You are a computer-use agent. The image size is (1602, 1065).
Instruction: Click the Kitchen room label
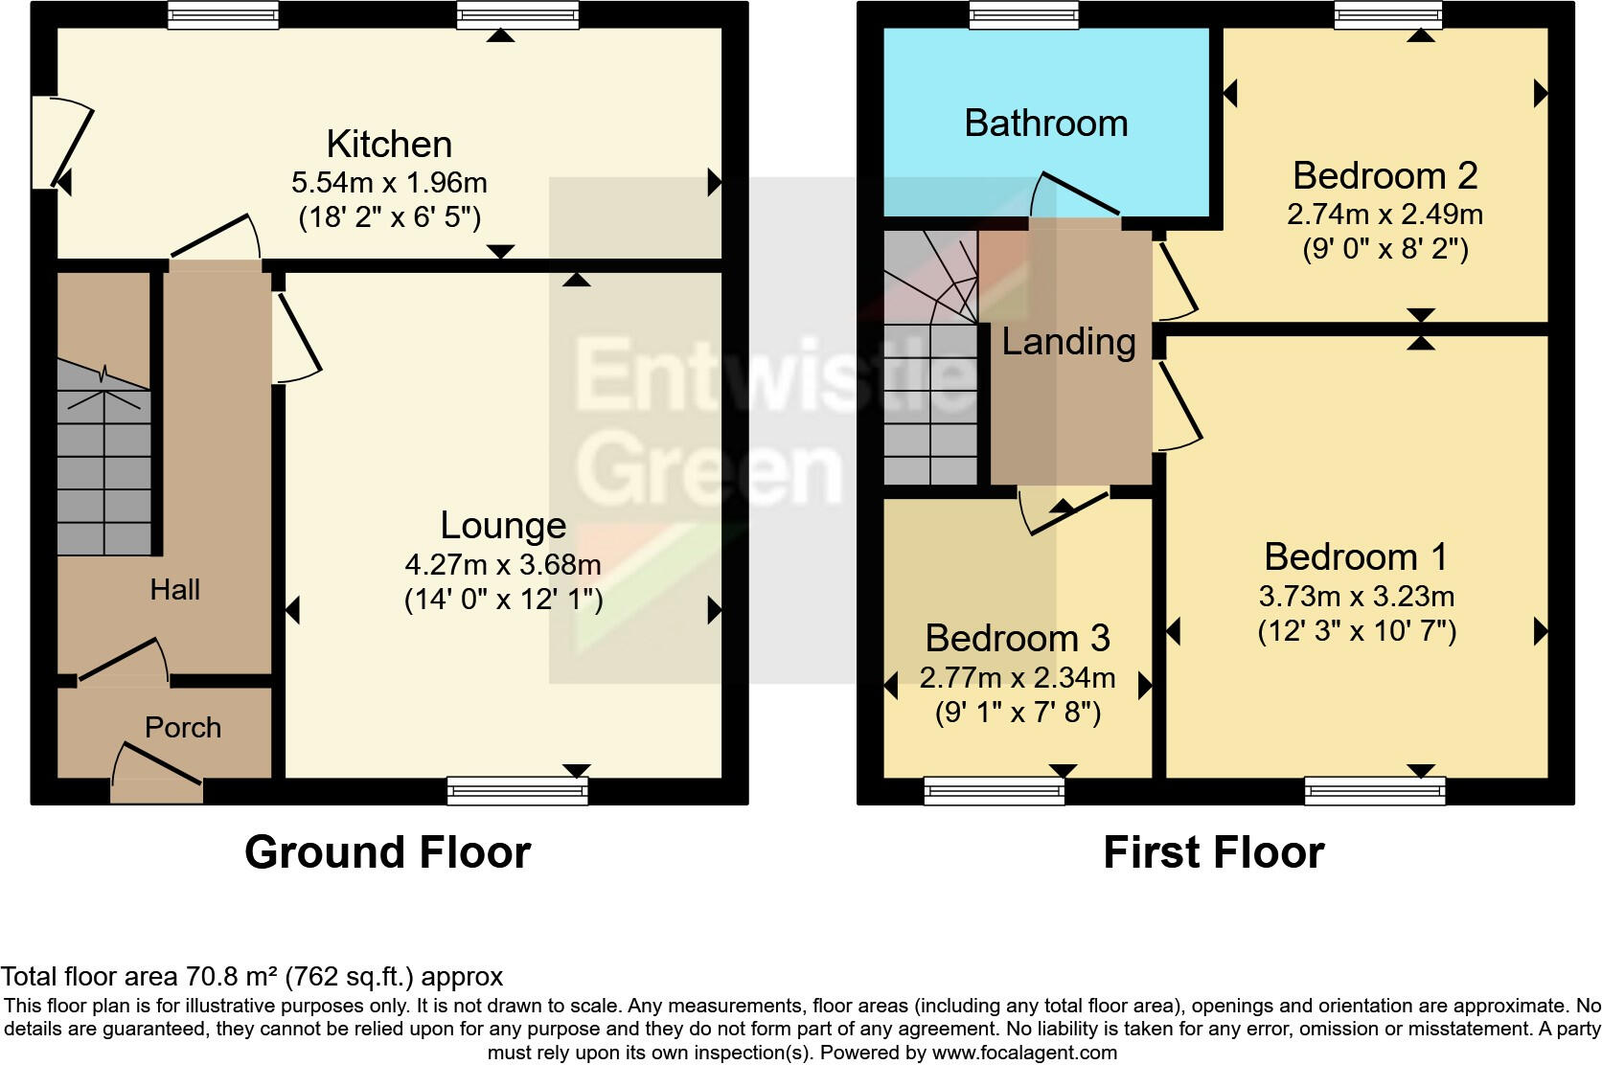pyautogui.click(x=389, y=145)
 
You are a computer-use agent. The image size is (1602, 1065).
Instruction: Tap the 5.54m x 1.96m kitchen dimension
pyautogui.click(x=389, y=182)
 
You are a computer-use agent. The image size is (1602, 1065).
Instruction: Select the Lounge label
pyautogui.click(x=503, y=525)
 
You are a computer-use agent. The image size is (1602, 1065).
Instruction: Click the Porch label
pyautogui.click(x=183, y=728)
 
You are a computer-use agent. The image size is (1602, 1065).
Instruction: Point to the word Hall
pyautogui.click(x=174, y=589)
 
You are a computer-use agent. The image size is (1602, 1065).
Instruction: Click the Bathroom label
pyautogui.click(x=1045, y=124)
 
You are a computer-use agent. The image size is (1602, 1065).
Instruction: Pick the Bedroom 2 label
pyautogui.click(x=1385, y=176)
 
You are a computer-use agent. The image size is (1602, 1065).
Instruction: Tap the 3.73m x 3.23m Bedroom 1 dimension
pyautogui.click(x=1357, y=597)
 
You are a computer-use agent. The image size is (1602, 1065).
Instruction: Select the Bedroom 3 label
pyautogui.click(x=1018, y=638)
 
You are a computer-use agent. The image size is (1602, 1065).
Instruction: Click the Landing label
pyautogui.click(x=1068, y=342)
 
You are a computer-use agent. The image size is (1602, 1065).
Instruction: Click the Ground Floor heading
pyautogui.click(x=387, y=852)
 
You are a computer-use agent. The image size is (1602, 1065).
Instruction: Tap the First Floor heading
pyautogui.click(x=1213, y=852)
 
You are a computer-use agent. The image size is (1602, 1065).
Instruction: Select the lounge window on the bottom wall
pyautogui.click(x=517, y=790)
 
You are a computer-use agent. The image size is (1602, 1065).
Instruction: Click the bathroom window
pyautogui.click(x=1023, y=14)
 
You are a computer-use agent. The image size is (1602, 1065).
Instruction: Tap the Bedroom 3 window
pyautogui.click(x=994, y=790)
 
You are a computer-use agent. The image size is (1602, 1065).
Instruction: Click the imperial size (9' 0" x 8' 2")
pyautogui.click(x=1385, y=250)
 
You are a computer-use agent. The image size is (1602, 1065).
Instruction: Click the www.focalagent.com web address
pyautogui.click(x=1024, y=1053)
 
